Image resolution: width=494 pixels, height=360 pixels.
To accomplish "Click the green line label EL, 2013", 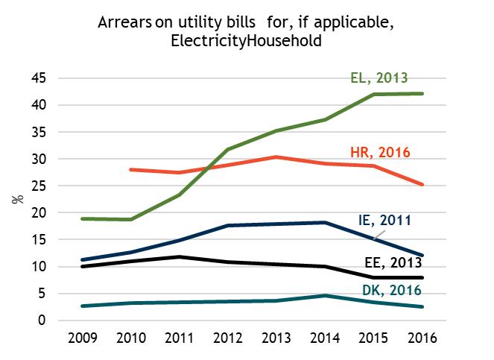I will point(379,77).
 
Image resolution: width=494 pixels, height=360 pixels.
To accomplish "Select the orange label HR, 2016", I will point(380,153).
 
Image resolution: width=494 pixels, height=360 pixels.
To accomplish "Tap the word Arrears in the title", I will point(122,23).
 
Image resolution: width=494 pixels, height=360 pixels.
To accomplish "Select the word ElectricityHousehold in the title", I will point(247,42).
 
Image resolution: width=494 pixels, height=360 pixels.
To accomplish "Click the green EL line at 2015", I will point(374,95).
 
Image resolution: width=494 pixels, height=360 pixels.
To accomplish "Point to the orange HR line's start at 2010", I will point(130,170).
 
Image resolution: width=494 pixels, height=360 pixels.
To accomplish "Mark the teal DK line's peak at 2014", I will point(325,296).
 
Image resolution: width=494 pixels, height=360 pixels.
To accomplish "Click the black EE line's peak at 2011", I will point(179,256).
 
